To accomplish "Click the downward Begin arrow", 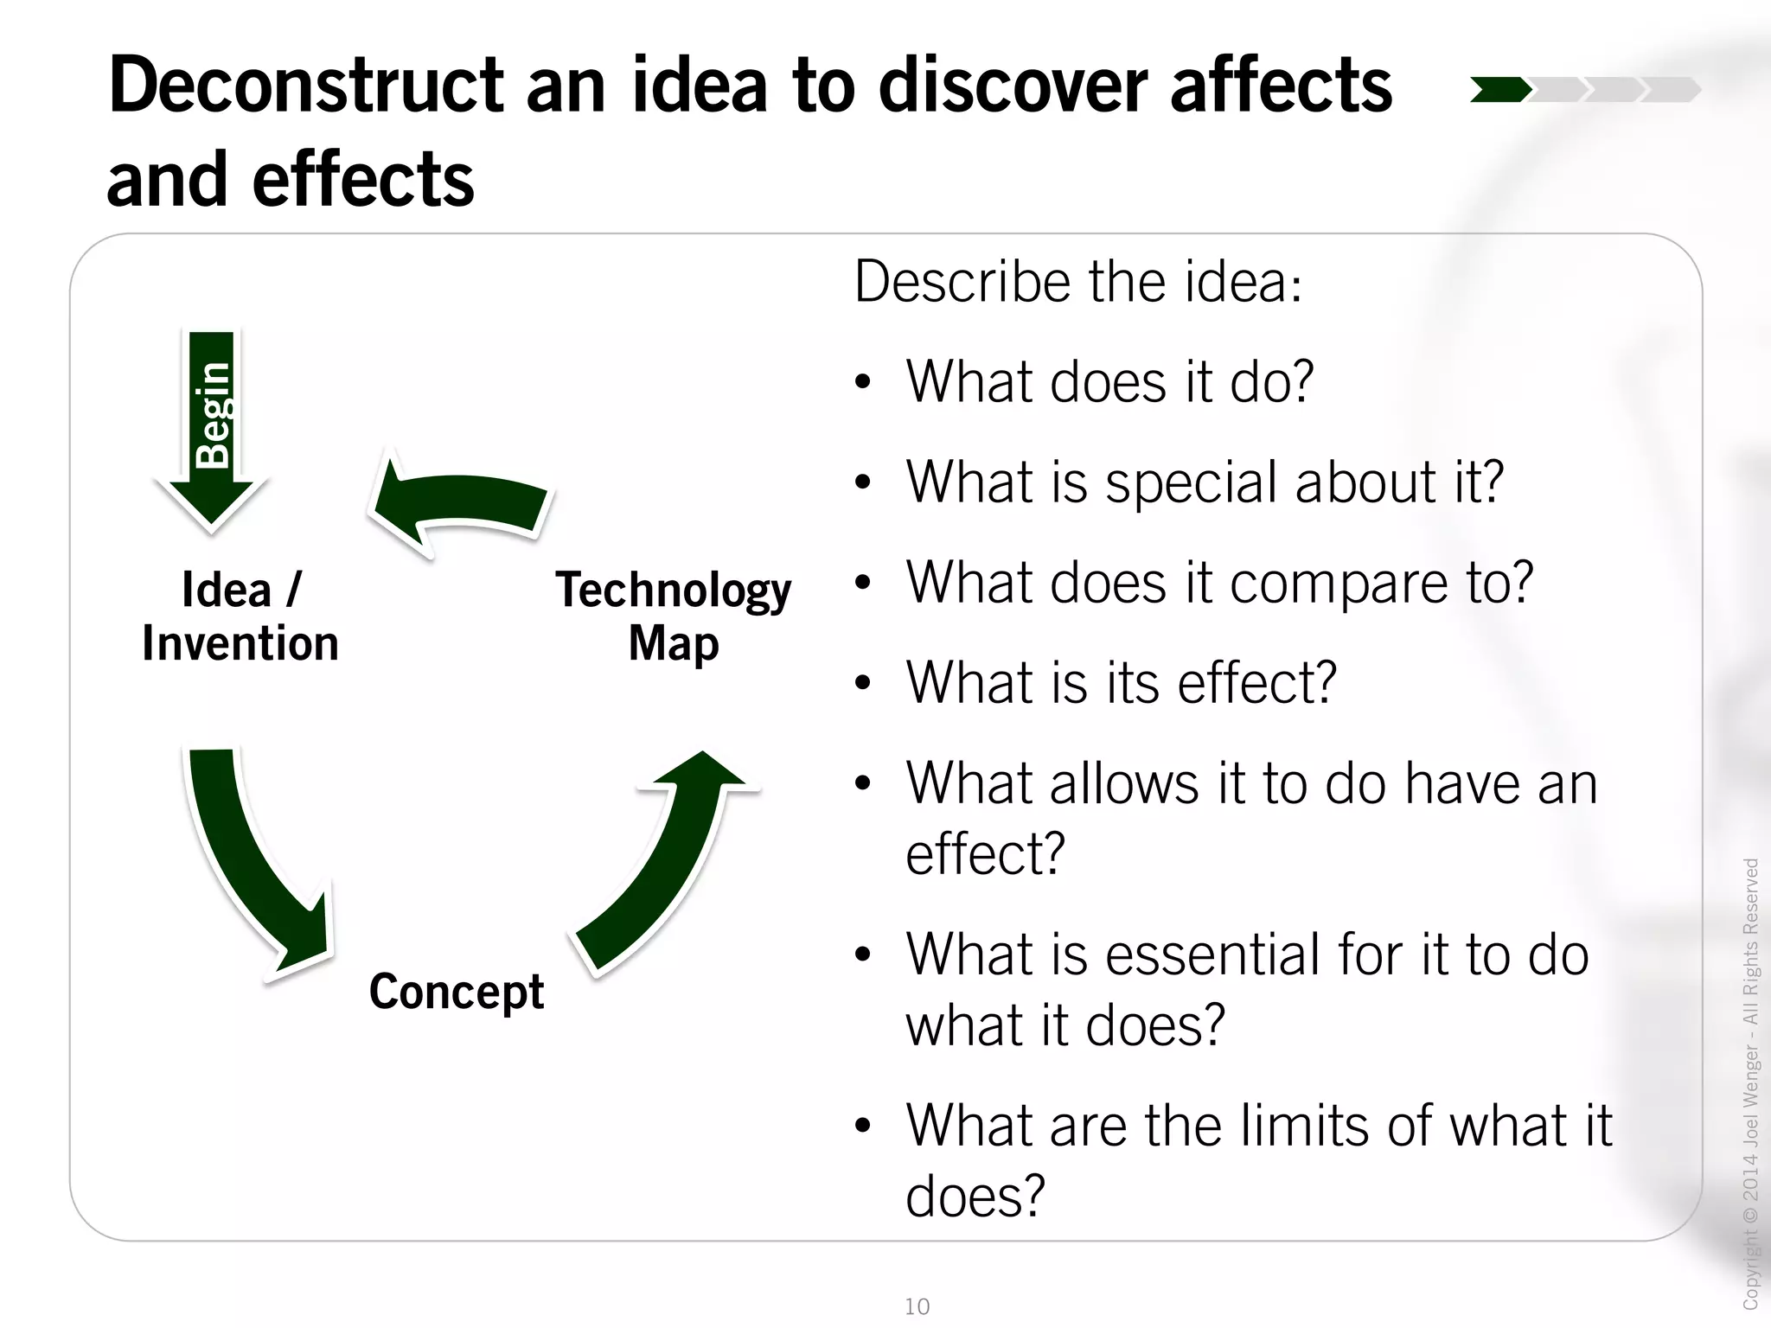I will click(x=212, y=424).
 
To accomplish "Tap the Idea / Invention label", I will click(x=240, y=616).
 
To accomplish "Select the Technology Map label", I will click(x=673, y=616).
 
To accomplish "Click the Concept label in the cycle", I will click(x=457, y=991).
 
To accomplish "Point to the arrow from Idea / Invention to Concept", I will click(x=251, y=865).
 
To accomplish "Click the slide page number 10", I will click(x=917, y=1306).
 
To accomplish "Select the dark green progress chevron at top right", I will click(x=1500, y=90).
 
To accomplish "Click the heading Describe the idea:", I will click(x=1077, y=282).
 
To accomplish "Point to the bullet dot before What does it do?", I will click(x=862, y=382).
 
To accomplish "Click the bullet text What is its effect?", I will click(x=1121, y=683).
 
